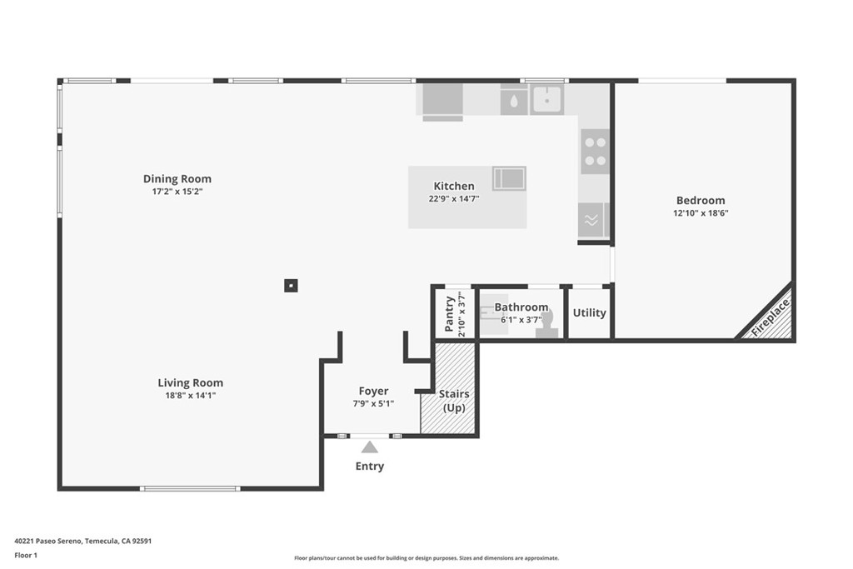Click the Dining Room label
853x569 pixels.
(177, 178)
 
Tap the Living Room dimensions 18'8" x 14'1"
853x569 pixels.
(190, 396)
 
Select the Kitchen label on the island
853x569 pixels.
(453, 186)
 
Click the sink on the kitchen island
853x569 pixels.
(508, 177)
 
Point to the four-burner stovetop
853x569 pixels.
(595, 152)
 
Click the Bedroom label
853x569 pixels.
(700, 200)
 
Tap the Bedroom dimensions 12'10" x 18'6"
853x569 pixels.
(701, 212)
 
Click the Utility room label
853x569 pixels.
(589, 313)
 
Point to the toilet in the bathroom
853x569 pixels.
(546, 325)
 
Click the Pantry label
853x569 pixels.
(450, 313)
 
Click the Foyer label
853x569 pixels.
(373, 391)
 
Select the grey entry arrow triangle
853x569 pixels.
(369, 447)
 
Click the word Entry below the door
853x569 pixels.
(369, 467)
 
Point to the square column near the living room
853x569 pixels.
(290, 286)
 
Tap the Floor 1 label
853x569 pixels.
(26, 554)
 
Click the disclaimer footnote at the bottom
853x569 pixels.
(426, 558)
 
